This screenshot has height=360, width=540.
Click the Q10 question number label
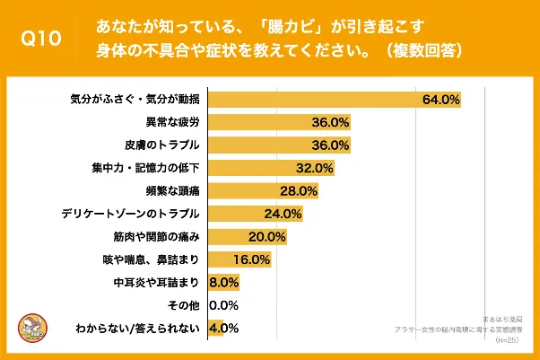coord(41,39)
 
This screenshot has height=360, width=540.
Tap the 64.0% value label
coord(441,98)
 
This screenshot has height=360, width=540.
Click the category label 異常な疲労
coord(171,121)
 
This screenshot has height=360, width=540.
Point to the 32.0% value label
coord(315,168)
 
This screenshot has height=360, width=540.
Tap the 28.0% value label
coord(300,191)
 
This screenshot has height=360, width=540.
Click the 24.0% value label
coord(283,214)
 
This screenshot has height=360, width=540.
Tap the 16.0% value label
coord(251,260)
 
